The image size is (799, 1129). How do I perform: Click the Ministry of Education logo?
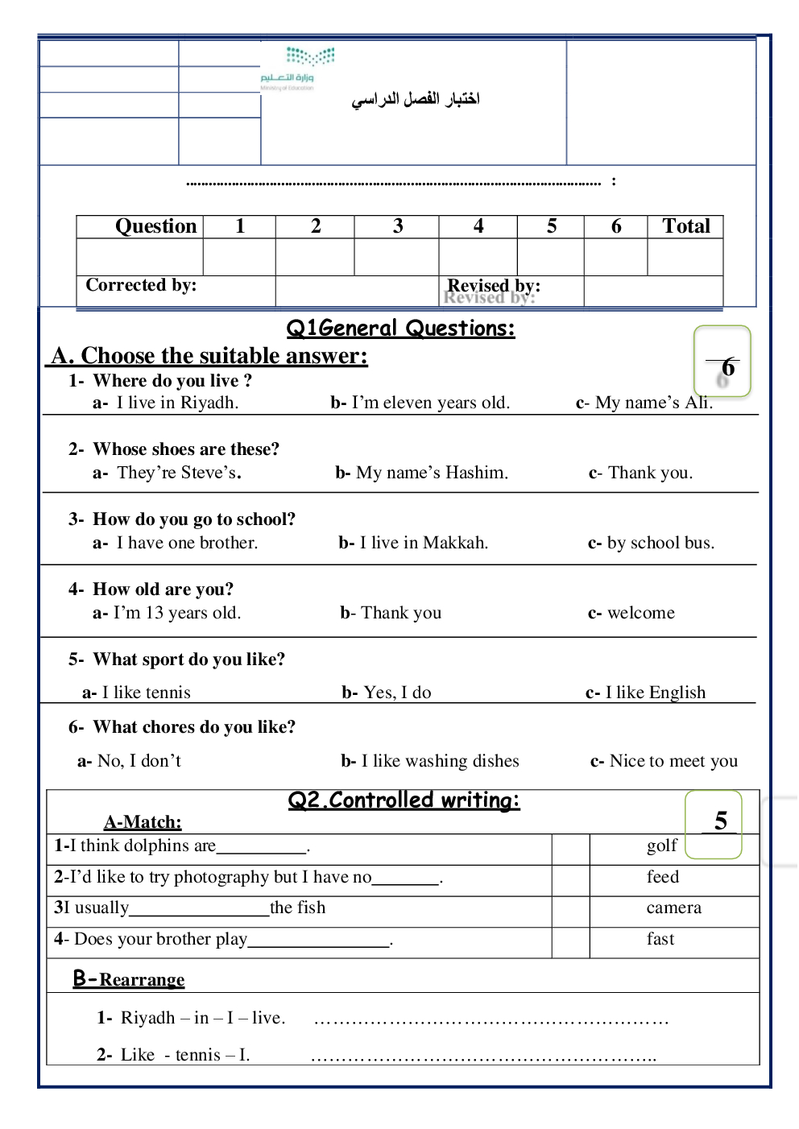299,68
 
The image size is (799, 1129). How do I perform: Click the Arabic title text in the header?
416,99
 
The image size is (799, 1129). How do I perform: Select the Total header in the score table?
685,226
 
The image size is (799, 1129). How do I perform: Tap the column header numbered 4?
478,226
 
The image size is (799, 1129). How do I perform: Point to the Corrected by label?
141,285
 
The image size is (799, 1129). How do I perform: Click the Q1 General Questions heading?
400,329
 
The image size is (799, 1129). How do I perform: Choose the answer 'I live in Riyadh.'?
176,403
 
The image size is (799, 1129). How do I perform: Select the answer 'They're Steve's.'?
178,473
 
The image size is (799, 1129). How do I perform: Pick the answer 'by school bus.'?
660,543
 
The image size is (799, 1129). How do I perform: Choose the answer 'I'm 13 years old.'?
176,613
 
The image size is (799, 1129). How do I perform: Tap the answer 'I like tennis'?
146,693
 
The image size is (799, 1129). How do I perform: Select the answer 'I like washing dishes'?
440,761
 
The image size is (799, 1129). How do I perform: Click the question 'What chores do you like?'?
194,727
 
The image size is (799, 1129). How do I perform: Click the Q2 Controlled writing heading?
404,800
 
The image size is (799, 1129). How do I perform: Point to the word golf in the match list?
662,846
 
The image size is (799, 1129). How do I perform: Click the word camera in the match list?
673,908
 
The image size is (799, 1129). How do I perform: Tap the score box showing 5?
714,823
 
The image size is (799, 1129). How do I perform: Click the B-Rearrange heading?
129,979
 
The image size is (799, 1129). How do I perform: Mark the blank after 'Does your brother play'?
319,941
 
